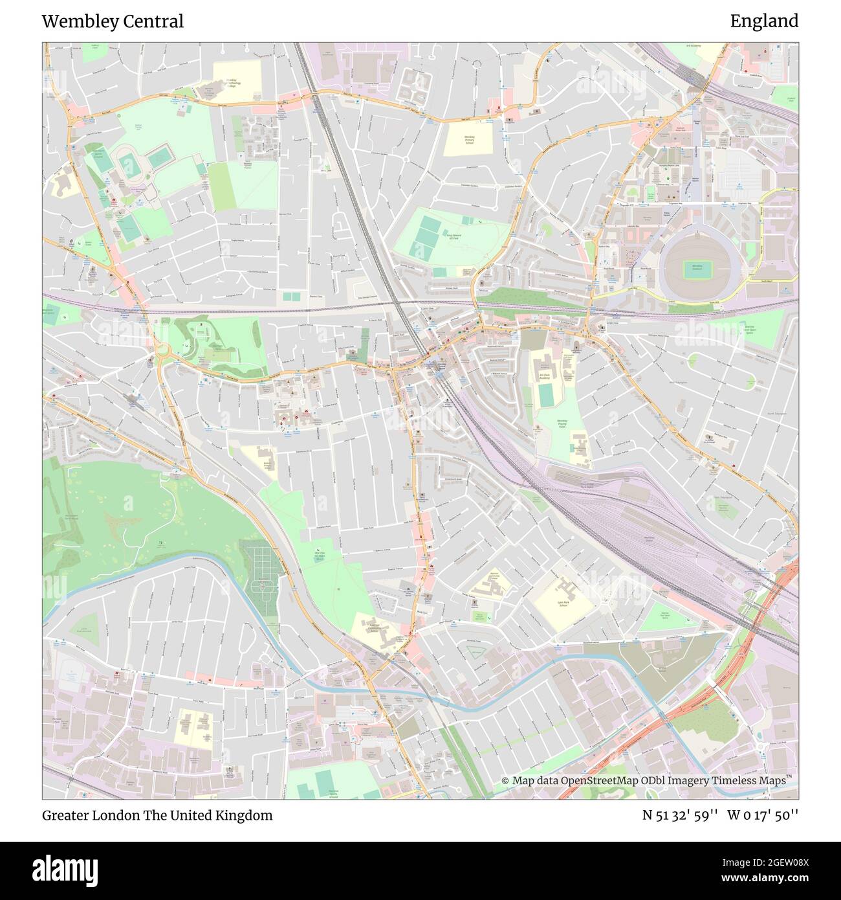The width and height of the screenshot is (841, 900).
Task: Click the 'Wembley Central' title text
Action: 113,21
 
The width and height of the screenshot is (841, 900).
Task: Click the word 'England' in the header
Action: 764,21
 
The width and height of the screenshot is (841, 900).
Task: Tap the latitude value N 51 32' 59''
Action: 680,815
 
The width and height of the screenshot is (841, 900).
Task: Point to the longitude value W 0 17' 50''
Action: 763,815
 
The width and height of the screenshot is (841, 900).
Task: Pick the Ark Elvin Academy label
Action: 547,376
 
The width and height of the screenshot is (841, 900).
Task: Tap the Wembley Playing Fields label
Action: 561,424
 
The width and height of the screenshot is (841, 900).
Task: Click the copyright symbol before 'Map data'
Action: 505,781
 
